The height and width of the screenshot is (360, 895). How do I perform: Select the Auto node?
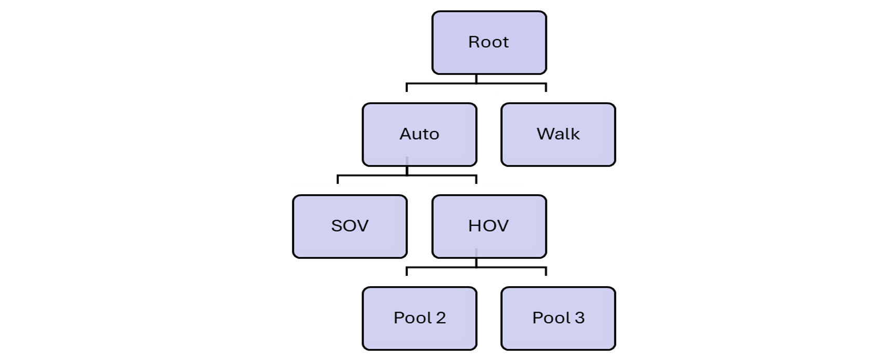[419, 135]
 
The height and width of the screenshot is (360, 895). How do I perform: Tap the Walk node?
[558, 135]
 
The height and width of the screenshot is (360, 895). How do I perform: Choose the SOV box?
[350, 226]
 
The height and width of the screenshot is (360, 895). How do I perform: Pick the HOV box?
[489, 226]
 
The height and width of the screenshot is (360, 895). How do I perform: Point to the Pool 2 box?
[419, 318]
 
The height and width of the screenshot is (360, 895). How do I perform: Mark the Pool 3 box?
[558, 318]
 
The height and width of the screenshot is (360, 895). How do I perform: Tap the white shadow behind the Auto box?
[356, 125]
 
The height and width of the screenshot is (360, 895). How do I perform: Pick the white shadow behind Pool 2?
[356, 308]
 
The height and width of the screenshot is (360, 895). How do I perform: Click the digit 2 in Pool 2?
[440, 318]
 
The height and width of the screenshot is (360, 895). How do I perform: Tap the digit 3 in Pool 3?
[579, 318]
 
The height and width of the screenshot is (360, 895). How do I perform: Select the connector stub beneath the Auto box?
[407, 160]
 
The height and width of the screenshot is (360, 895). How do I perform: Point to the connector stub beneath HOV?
[476, 252]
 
